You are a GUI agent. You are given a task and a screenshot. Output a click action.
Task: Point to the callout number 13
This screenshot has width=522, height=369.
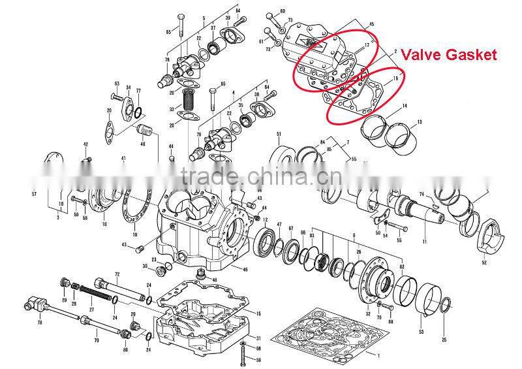(420, 122)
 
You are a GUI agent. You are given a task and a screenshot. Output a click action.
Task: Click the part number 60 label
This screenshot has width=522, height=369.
(283, 12)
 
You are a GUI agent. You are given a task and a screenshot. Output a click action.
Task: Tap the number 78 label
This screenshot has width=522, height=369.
(40, 323)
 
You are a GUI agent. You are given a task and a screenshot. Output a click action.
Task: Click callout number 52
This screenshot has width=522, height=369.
(484, 262)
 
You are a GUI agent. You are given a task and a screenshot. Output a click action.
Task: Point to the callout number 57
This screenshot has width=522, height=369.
(34, 194)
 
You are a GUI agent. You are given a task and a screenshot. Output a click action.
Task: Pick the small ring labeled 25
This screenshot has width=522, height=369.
(444, 305)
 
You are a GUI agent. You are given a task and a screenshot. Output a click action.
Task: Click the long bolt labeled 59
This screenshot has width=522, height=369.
(243, 355)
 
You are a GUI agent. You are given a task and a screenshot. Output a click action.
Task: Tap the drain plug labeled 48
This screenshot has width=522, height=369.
(201, 272)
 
